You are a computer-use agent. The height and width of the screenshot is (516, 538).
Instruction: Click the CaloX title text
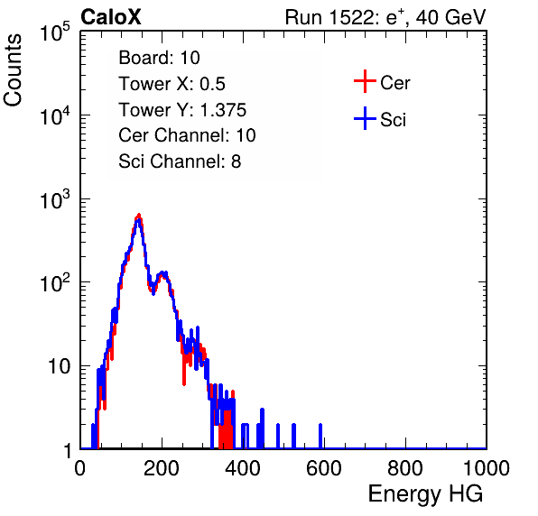(110, 17)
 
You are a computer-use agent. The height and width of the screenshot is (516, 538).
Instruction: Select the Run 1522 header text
(385, 17)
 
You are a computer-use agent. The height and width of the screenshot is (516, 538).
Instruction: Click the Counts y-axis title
(13, 70)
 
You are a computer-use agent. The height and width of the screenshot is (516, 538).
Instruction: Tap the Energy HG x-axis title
(425, 493)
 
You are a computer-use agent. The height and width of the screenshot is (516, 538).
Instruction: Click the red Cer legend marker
(365, 81)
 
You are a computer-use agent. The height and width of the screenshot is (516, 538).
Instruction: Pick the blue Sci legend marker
(365, 118)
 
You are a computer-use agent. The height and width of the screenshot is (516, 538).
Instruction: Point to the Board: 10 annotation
(159, 58)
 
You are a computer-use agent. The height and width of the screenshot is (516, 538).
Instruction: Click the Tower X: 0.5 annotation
(172, 84)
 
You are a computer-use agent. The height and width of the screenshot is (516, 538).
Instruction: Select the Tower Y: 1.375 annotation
(182, 110)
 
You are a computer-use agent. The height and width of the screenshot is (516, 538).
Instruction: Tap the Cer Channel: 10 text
(188, 135)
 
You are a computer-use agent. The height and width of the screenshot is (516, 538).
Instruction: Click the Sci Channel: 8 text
(180, 161)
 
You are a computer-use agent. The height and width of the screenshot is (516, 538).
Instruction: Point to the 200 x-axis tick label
(162, 468)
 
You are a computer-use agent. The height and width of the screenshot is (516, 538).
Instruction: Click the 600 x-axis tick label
(324, 468)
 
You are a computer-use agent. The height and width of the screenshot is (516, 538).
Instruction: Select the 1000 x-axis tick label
(487, 468)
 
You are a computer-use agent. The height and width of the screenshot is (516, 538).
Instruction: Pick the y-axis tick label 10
(59, 366)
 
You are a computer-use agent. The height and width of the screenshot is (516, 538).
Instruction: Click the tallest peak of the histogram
(139, 216)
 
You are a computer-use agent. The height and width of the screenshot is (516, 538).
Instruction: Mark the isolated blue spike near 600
(320, 436)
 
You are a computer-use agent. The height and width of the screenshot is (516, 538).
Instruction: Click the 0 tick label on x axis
(80, 468)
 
